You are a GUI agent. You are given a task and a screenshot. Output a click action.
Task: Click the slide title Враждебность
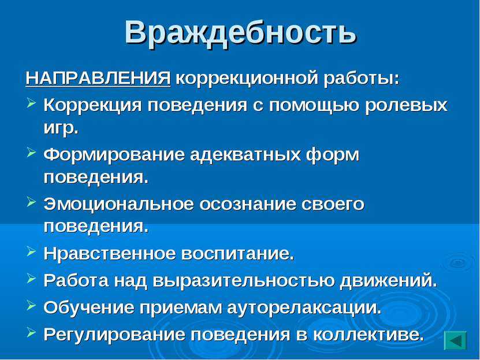[x=241, y=33]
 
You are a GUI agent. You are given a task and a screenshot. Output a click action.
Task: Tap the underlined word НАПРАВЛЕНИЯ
[x=98, y=79]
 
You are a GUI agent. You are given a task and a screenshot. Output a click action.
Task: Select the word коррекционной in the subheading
[x=247, y=79]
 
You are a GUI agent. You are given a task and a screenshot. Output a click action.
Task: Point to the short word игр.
[x=61, y=128]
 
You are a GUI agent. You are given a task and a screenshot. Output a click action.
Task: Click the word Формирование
[x=114, y=155]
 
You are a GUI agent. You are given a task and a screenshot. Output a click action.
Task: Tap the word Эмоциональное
[x=118, y=204]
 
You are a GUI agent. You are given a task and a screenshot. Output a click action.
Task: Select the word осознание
[x=248, y=205]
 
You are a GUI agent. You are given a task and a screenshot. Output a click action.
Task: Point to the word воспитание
[x=237, y=254]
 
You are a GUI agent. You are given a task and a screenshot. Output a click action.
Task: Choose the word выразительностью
[x=243, y=281]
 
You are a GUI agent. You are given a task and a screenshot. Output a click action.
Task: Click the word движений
[x=388, y=281]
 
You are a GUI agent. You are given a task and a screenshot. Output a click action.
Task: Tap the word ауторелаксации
[x=304, y=307]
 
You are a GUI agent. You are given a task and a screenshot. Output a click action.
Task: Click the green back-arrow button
[x=455, y=340]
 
